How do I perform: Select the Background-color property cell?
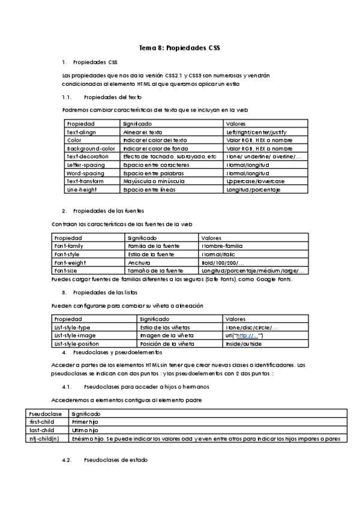click(91, 148)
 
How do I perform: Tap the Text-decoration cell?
click(86, 157)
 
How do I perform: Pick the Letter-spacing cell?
click(86, 165)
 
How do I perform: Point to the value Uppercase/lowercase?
click(255, 181)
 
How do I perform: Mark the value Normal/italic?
click(220, 254)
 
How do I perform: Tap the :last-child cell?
click(41, 431)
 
